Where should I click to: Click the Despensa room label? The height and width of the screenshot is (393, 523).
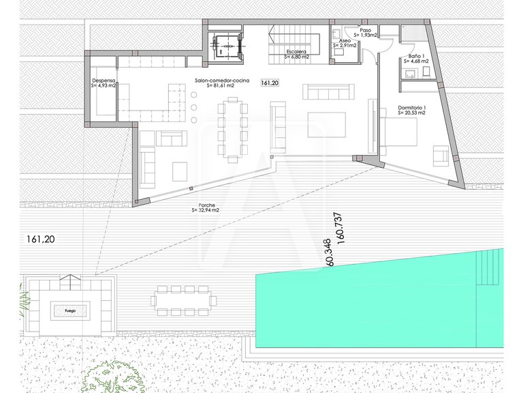(104, 81)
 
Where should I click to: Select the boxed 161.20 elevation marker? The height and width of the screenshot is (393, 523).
(270, 83)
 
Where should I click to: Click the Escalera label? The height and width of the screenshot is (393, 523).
(297, 52)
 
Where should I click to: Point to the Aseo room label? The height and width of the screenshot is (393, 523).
(345, 42)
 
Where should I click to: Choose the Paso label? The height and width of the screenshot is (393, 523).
(366, 31)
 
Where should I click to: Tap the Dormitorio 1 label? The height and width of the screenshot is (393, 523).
(411, 108)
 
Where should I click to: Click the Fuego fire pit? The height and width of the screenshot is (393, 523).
(70, 311)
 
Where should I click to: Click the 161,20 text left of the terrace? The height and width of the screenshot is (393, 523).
(40, 239)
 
